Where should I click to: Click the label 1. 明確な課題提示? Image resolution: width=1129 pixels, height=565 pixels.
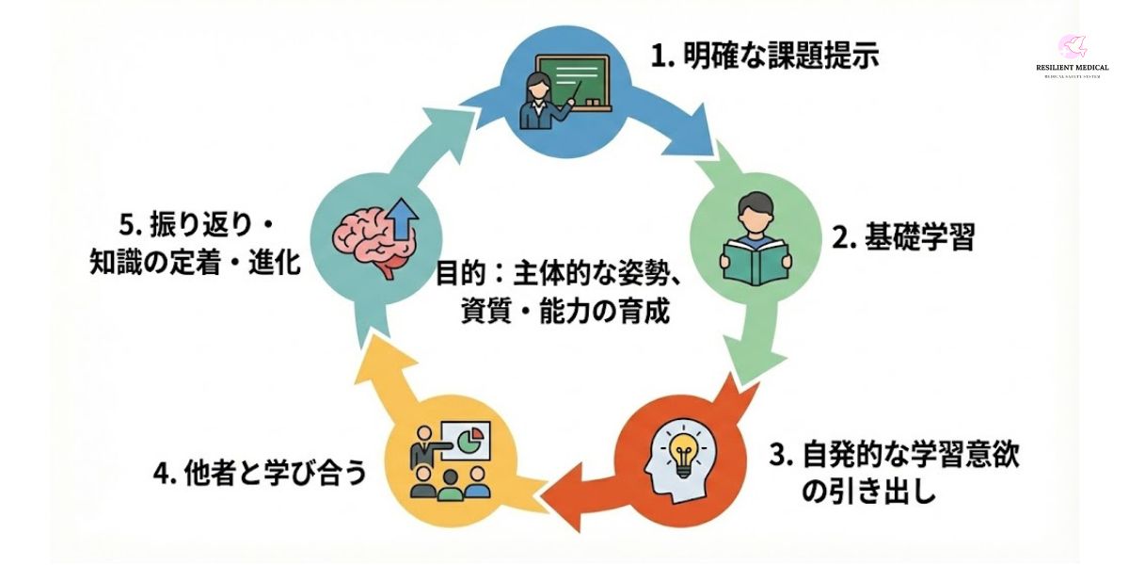764,57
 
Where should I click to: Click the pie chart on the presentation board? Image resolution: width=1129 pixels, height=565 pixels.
475,437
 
